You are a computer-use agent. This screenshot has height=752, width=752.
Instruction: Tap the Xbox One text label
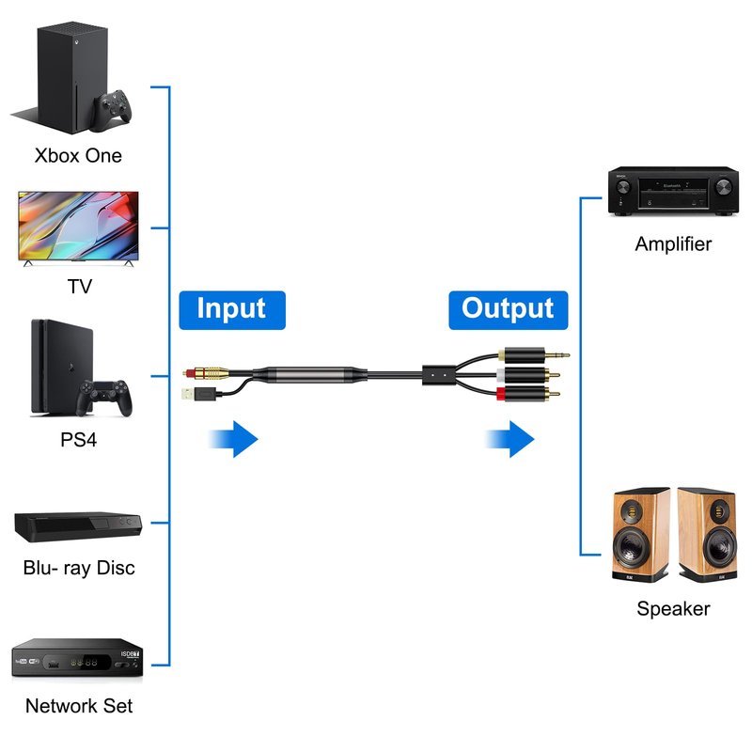(x=78, y=155)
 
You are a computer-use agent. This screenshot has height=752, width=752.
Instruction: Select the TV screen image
(x=78, y=227)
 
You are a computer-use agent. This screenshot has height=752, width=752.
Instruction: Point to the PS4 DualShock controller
(x=104, y=398)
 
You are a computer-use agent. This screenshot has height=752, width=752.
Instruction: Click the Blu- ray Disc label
(x=79, y=568)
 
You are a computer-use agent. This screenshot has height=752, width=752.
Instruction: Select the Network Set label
(x=79, y=705)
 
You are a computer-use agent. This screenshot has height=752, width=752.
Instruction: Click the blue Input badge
(x=231, y=308)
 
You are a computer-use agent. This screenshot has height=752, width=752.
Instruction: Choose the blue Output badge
(x=508, y=308)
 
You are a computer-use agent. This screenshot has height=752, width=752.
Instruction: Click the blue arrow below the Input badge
(x=232, y=438)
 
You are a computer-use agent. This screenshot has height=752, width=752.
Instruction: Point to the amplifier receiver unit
(x=672, y=193)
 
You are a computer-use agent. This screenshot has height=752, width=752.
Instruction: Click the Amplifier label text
(x=673, y=244)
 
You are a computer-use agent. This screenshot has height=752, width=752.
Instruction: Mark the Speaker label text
(x=673, y=608)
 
